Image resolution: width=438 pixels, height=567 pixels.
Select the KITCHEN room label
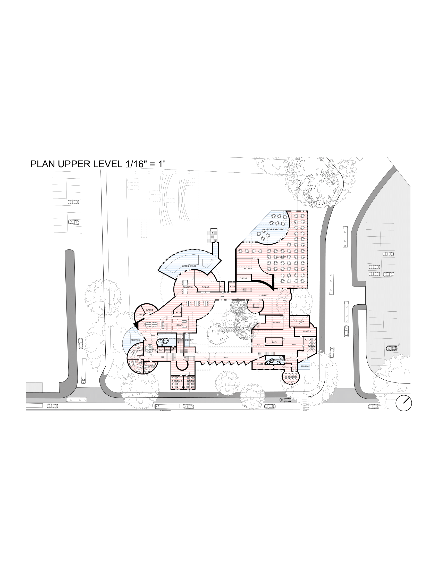click(x=248, y=269)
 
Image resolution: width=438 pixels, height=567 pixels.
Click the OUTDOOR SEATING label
click(x=274, y=229)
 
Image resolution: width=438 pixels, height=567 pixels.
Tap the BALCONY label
click(x=189, y=340)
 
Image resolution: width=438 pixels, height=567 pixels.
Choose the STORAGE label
click(x=169, y=350)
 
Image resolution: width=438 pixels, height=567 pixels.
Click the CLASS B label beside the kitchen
click(x=243, y=278)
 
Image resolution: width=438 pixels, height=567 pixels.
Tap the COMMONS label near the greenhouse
click(x=187, y=287)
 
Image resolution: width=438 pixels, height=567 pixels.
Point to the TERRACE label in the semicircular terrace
click(x=135, y=340)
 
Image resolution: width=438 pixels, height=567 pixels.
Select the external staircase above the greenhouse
click(x=214, y=236)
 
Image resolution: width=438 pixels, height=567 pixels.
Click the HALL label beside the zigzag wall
click(x=225, y=357)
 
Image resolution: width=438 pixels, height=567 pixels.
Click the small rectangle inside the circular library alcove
click(x=256, y=305)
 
